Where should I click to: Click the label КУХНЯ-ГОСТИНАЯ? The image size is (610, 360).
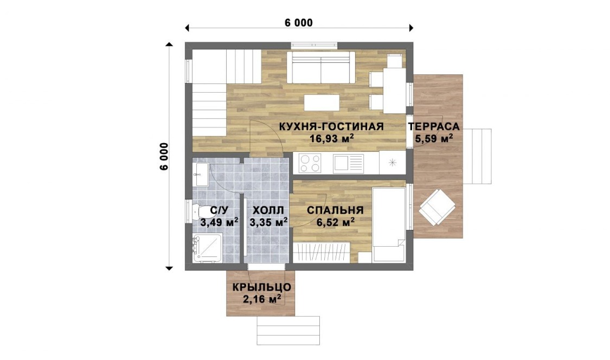click(x=331, y=126)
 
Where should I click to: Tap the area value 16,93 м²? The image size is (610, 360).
click(x=331, y=138)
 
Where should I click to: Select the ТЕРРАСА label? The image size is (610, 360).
click(x=434, y=126)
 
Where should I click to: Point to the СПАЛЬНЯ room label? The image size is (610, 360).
click(x=335, y=210)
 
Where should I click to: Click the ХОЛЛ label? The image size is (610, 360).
click(x=268, y=210)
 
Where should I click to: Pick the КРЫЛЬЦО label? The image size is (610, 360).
click(x=262, y=287)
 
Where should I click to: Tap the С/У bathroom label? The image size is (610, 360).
click(x=219, y=210)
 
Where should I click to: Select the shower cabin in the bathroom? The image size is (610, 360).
click(x=207, y=248)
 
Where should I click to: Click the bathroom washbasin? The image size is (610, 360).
click(x=200, y=175)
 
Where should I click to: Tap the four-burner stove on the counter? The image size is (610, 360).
click(x=310, y=163)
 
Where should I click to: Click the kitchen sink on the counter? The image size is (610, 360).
click(x=348, y=163)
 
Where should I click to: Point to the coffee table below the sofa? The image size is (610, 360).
click(x=322, y=103)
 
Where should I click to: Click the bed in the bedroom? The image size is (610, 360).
click(x=389, y=224)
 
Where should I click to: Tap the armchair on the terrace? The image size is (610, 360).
click(x=437, y=207)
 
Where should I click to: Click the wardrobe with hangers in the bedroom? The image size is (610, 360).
click(x=321, y=252)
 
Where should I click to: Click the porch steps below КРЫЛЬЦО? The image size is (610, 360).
click(x=288, y=330)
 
